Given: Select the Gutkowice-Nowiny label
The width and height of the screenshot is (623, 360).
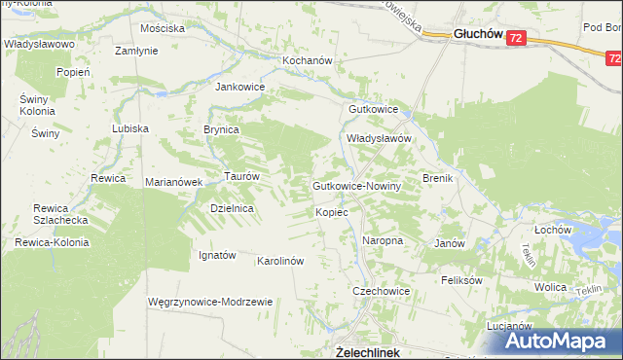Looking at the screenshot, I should click(x=352, y=185).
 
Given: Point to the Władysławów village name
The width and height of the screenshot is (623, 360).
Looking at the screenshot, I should click(x=382, y=139).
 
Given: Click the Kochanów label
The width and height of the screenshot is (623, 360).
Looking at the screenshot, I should click(x=281, y=60).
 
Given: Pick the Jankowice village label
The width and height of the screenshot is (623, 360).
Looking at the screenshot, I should click(x=240, y=86).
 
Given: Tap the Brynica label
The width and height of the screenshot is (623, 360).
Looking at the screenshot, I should click(x=221, y=128).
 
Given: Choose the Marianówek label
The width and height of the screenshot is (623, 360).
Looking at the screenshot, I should click(x=173, y=182).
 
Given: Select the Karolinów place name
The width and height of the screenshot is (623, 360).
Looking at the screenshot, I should click(x=280, y=261).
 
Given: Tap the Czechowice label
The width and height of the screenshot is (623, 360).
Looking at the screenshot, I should click(x=381, y=291).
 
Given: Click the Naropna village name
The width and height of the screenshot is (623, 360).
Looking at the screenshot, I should click(x=383, y=239).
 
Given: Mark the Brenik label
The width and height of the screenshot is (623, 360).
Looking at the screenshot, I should click(x=439, y=179).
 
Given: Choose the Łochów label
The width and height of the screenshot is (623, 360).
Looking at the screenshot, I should click(x=551, y=229).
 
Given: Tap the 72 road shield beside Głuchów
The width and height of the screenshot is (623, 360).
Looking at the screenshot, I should click(x=516, y=39).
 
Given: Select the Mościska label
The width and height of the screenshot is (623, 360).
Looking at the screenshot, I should click(x=163, y=28).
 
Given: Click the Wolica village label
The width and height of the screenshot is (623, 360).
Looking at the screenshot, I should click(x=551, y=288).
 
